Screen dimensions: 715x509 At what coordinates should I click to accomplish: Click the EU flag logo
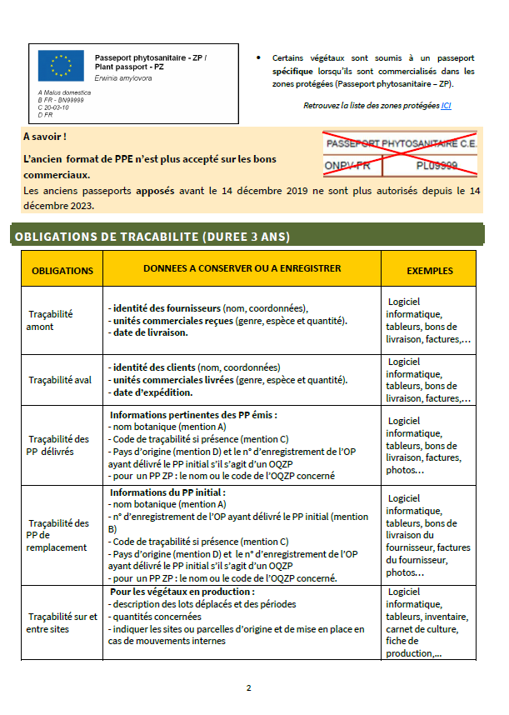pos(61,65)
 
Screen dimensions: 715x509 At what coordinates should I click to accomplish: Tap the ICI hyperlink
pos(446,106)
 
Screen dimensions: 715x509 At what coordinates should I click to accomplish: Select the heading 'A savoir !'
pos(45,136)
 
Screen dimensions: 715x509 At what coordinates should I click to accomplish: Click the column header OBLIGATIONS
pos(62,271)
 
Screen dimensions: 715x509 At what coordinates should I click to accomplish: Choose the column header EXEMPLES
pos(429,271)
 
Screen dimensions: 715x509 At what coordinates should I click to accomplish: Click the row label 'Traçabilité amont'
pos(51,320)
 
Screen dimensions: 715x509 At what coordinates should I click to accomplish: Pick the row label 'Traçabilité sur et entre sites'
pos(62,622)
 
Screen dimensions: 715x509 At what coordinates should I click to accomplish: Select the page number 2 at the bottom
pos(248,688)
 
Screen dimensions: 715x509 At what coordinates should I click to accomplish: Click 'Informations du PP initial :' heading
pos(167,492)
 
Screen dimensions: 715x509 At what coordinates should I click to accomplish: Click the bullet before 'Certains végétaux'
pos(259,58)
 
